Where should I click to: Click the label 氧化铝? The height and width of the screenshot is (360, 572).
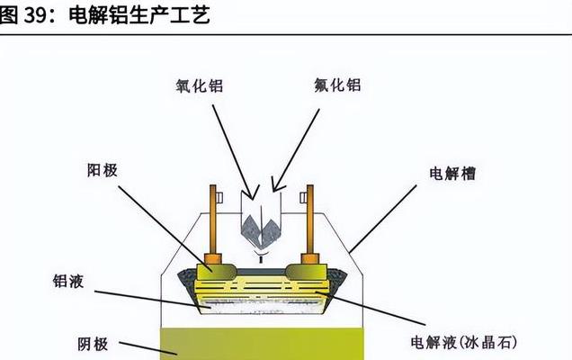(x=199, y=86)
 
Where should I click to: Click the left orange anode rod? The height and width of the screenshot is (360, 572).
(x=214, y=220)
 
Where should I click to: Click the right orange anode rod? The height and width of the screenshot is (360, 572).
(x=310, y=220)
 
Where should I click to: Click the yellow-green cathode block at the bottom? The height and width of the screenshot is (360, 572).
(x=261, y=343)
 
